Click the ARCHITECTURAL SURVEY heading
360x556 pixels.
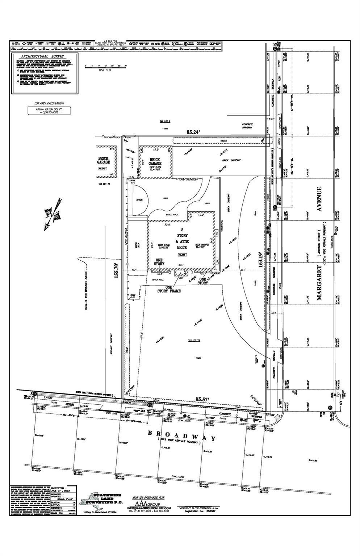click(x=42, y=56)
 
